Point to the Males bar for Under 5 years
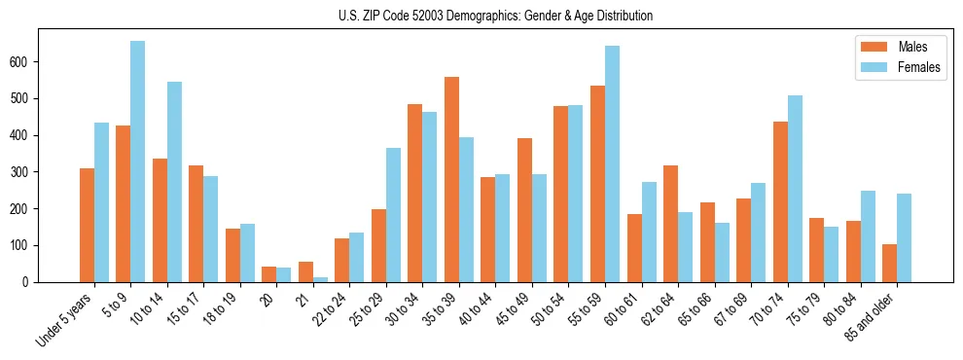click(x=87, y=225)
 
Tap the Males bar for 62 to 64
click(x=670, y=224)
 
